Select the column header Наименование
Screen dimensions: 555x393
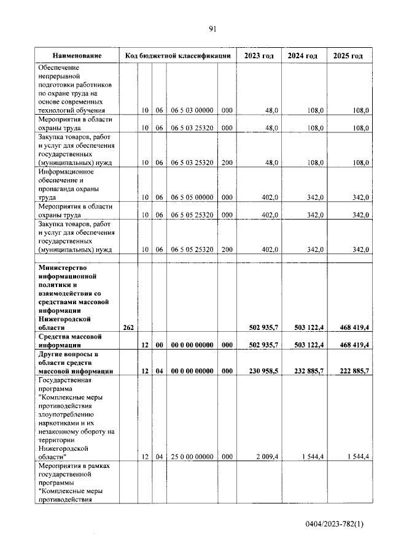tap(77, 56)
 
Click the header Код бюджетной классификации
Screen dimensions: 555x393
tap(177, 56)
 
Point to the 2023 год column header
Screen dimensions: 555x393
tap(259, 56)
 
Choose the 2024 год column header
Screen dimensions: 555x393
tap(303, 56)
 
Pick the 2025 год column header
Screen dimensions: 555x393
tap(348, 56)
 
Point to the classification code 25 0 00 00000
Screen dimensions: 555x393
tap(192, 457)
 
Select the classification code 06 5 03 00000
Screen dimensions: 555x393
tap(192, 110)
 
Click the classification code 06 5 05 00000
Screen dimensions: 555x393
tap(192, 197)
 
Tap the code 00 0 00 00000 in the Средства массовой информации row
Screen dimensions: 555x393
tap(192, 345)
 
